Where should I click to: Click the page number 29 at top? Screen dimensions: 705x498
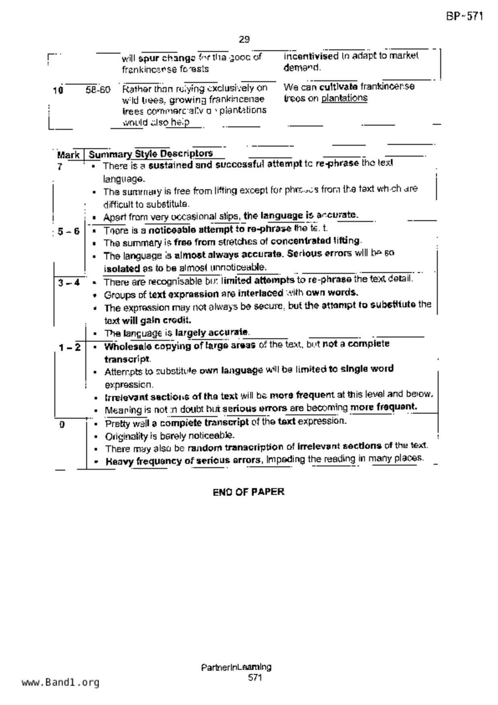(x=244, y=39)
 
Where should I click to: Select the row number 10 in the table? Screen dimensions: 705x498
(x=58, y=90)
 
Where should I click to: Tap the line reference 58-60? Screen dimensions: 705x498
(x=98, y=90)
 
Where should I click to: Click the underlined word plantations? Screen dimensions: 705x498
(x=344, y=98)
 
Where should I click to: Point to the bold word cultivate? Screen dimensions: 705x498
(x=338, y=87)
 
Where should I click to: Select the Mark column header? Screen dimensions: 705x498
(x=68, y=155)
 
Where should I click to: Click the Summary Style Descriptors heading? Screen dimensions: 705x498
(x=151, y=154)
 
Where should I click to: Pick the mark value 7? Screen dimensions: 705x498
(x=60, y=166)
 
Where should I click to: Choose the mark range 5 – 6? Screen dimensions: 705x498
(x=68, y=232)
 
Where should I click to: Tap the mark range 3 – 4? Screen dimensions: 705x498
(x=69, y=283)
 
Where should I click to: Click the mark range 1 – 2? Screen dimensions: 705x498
(x=70, y=347)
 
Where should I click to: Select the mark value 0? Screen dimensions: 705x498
(x=62, y=424)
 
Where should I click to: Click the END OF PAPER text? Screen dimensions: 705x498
(x=248, y=492)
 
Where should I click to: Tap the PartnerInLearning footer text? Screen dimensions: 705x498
(x=236, y=668)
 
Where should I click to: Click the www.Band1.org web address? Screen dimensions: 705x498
(x=60, y=682)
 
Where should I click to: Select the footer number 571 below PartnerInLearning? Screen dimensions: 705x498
(x=255, y=678)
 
